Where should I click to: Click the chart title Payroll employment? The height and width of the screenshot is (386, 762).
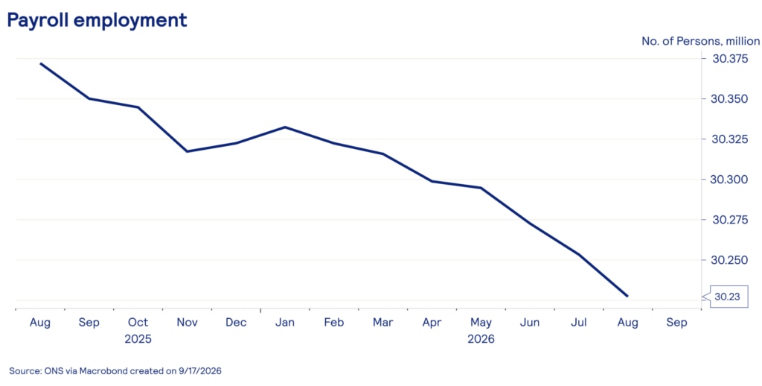click(x=97, y=20)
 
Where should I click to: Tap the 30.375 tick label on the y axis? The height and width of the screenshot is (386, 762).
click(x=731, y=59)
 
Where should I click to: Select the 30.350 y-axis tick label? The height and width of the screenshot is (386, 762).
click(x=731, y=99)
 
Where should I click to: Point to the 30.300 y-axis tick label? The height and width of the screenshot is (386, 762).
click(x=731, y=180)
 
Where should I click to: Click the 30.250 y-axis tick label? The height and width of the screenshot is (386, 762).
click(x=731, y=260)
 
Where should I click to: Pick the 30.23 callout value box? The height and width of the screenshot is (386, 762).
click(x=729, y=297)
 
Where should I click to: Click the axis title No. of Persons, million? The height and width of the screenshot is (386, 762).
click(x=700, y=42)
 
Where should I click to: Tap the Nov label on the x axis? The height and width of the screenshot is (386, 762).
click(x=187, y=322)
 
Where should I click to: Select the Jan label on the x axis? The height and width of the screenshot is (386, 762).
click(x=285, y=322)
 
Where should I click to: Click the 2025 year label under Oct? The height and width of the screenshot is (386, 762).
click(x=138, y=339)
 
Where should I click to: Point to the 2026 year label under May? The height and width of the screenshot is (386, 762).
click(x=481, y=339)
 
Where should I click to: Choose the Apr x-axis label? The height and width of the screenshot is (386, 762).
click(x=432, y=323)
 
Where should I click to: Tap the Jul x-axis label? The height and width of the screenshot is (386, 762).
click(x=579, y=322)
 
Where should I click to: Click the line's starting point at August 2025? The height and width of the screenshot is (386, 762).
click(x=40, y=63)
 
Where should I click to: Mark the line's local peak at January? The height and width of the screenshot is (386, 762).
click(x=285, y=127)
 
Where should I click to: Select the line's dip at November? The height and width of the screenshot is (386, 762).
click(x=187, y=151)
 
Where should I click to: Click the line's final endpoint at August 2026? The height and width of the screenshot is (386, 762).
click(x=627, y=296)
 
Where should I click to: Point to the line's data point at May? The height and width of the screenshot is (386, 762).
click(x=481, y=188)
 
